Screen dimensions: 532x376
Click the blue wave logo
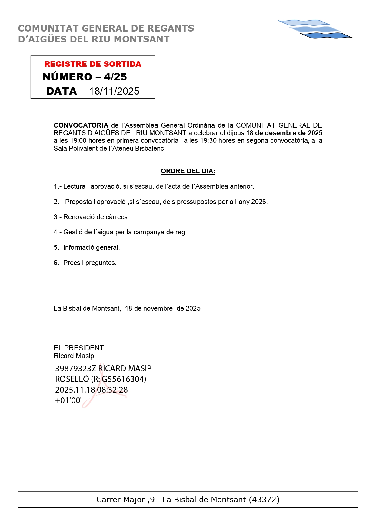(x=315, y=29)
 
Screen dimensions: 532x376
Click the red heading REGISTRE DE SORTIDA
(x=93, y=64)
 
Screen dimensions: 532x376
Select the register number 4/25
(x=115, y=77)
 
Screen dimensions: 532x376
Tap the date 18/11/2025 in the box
(x=114, y=91)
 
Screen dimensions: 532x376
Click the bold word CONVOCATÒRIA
(x=81, y=125)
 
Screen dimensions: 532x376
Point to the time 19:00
(x=78, y=141)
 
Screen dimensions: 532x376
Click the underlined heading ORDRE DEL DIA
(x=188, y=171)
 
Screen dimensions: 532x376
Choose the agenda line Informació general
(x=87, y=248)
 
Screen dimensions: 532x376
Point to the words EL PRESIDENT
(x=79, y=348)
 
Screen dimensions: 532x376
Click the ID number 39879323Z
(x=75, y=369)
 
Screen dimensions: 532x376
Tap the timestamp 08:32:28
(x=112, y=390)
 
